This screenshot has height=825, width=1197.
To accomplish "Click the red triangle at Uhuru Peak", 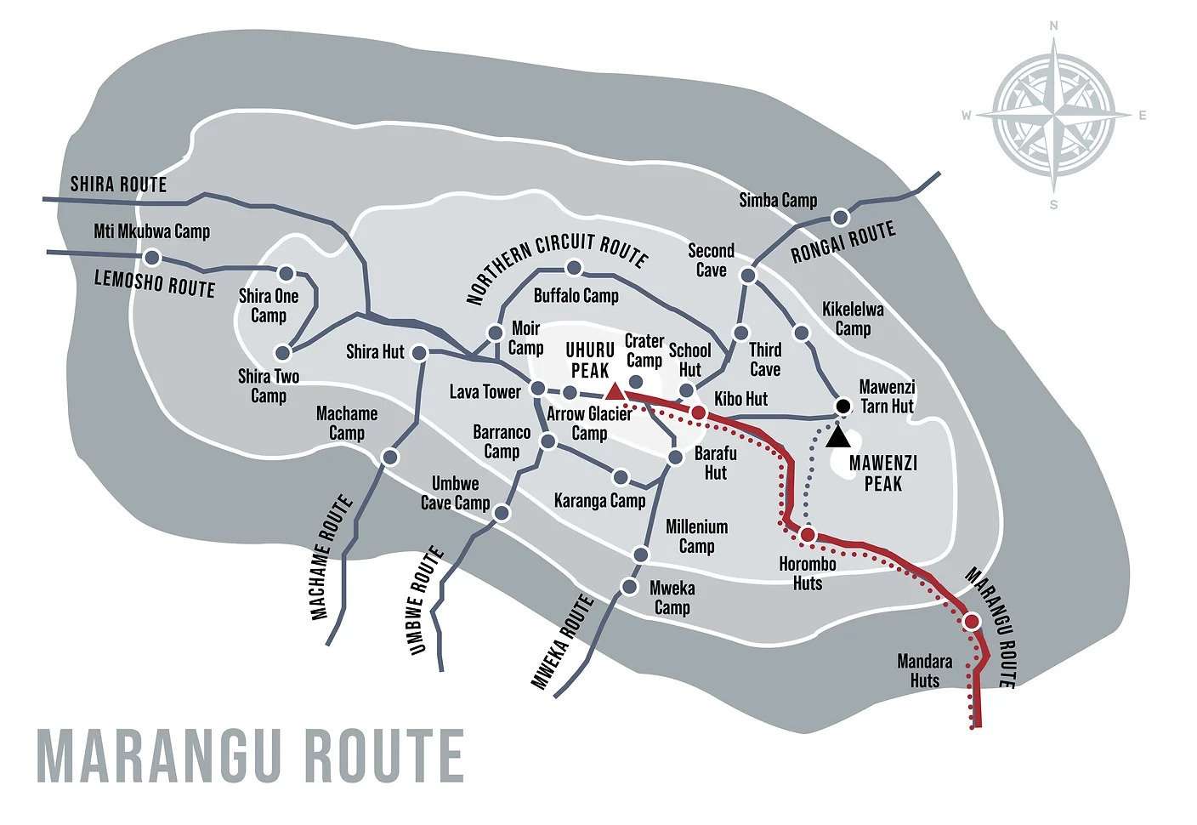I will pyautogui.click(x=614, y=391).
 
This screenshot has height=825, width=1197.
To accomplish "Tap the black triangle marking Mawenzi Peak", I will pyautogui.click(x=837, y=437).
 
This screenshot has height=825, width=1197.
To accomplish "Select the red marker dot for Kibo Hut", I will pyautogui.click(x=698, y=412).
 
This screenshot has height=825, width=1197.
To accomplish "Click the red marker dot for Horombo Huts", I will pyautogui.click(x=808, y=534).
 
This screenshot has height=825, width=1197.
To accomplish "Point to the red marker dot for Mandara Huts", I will pyautogui.click(x=972, y=622).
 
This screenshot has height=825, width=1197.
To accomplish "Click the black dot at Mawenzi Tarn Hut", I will pyautogui.click(x=842, y=406).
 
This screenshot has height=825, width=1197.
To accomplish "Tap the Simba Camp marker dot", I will pyautogui.click(x=840, y=217).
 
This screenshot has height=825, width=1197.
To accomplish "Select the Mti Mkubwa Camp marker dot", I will pyautogui.click(x=152, y=257).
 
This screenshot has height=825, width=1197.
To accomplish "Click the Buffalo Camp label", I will pyautogui.click(x=576, y=296).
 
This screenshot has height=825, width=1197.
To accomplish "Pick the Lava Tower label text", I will pyautogui.click(x=485, y=392).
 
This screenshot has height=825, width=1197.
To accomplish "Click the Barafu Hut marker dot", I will pyautogui.click(x=675, y=458).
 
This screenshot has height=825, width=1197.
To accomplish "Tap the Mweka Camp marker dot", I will pyautogui.click(x=630, y=587).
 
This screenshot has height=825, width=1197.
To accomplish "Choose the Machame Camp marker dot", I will pyautogui.click(x=390, y=458).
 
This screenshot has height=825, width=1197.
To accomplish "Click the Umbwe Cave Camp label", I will pyautogui.click(x=455, y=493).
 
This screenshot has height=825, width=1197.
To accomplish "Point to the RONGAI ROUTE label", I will pyautogui.click(x=842, y=242).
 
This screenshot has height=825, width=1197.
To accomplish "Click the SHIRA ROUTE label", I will pyautogui.click(x=118, y=185).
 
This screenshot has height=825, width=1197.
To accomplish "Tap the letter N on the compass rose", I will pyautogui.click(x=1054, y=26).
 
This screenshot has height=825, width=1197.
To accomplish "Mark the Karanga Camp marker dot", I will pyautogui.click(x=621, y=477).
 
